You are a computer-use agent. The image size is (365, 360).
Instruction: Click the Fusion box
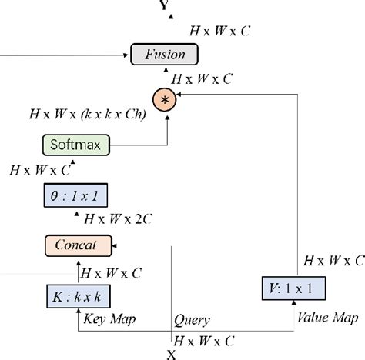(164, 54)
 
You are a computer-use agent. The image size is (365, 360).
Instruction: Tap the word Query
(192, 320)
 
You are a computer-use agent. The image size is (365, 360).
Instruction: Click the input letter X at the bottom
(172, 354)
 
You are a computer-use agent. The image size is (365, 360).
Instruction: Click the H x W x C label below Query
(204, 339)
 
